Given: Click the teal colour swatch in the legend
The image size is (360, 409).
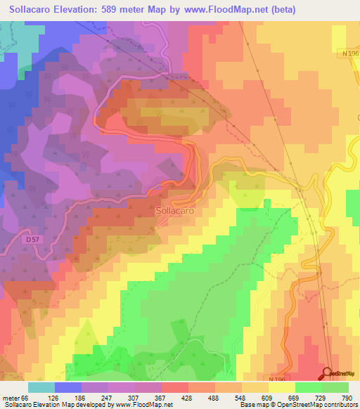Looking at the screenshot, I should pos(41,388).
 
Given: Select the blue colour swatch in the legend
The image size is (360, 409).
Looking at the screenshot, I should pos(68,388).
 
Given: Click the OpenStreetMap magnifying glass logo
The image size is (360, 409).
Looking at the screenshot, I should pos(328,373).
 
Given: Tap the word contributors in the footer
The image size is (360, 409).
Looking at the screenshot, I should pos(339,404).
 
